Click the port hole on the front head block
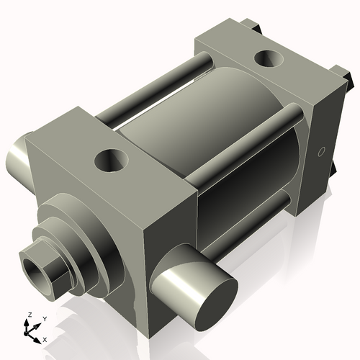tap(111, 160)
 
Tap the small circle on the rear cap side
tap(321, 151)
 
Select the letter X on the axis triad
tap(45, 338)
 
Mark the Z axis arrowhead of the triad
tap(28, 322)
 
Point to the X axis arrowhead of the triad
tap(38, 336)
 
